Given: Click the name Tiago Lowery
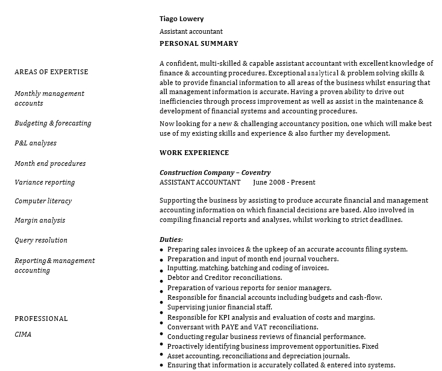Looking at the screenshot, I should [x=181, y=19].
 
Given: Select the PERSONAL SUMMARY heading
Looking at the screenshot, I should [x=199, y=43].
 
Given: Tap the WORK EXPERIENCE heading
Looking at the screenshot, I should [x=194, y=153].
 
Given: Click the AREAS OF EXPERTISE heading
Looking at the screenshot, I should [x=51, y=72].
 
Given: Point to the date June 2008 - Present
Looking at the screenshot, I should [x=284, y=182].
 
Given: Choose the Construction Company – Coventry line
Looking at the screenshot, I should [x=215, y=173].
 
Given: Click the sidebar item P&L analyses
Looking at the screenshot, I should [x=36, y=144].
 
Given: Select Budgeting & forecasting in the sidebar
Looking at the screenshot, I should [x=53, y=123].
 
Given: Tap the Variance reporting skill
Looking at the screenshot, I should [x=45, y=182].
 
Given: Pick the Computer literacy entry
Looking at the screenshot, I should [x=43, y=201].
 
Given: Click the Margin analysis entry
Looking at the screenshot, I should [x=40, y=221].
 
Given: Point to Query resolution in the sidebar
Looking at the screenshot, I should [x=41, y=240].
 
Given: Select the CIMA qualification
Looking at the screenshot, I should [x=23, y=334].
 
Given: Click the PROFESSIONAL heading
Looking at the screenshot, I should [x=41, y=319].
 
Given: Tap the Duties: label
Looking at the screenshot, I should [x=171, y=239].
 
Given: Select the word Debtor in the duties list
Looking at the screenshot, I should [x=178, y=278].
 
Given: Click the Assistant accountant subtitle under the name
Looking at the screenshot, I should [x=191, y=31].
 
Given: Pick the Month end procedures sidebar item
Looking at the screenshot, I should [x=50, y=163].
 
